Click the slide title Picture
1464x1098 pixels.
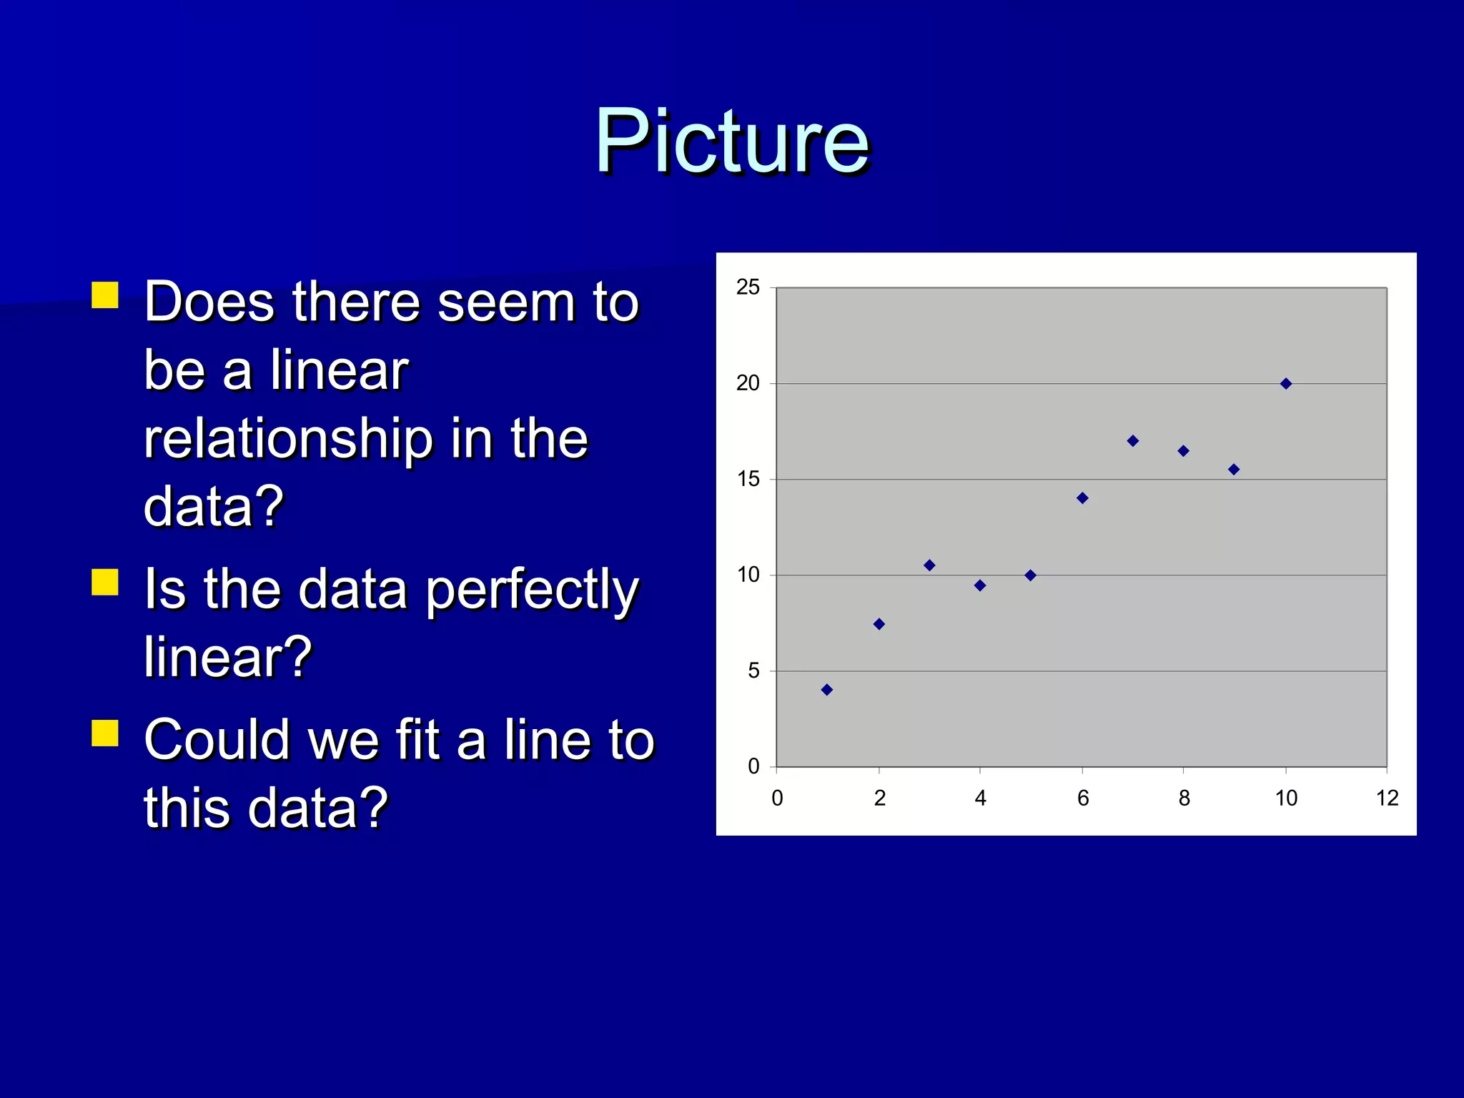tap(732, 141)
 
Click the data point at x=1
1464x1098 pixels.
tap(827, 690)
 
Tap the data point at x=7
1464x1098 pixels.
tap(1133, 441)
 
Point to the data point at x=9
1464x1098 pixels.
tap(1234, 470)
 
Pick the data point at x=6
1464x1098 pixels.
tap(1082, 498)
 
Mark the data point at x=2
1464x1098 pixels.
tap(879, 624)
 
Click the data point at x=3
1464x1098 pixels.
tap(929, 565)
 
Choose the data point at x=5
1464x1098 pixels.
tap(1030, 575)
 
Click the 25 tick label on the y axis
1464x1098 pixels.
tap(748, 287)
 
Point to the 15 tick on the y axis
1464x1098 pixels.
tap(748, 479)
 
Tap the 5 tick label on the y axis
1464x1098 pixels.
tap(753, 671)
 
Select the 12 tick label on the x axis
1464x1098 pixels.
tap(1387, 798)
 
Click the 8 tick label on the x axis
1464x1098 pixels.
tap(1184, 798)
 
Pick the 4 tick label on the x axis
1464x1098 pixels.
tap(980, 798)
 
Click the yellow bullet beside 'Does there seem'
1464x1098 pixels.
tap(105, 295)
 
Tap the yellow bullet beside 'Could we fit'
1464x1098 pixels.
tap(105, 733)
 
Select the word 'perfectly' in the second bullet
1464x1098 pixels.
tap(532, 591)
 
